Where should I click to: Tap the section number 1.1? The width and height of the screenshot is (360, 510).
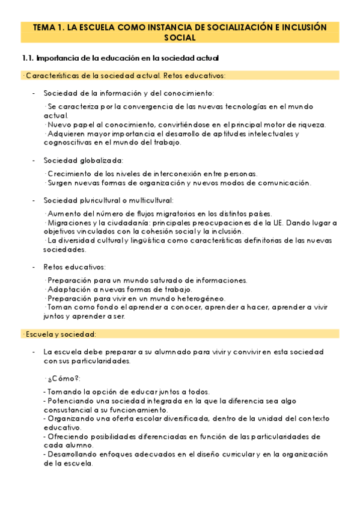(x=26, y=58)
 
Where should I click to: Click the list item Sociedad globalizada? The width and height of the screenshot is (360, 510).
(x=83, y=161)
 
